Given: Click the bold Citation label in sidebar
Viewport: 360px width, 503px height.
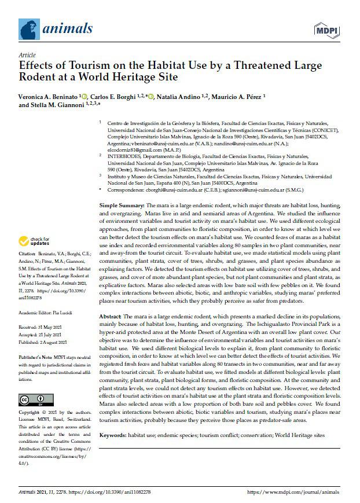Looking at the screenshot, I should (27, 270).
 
